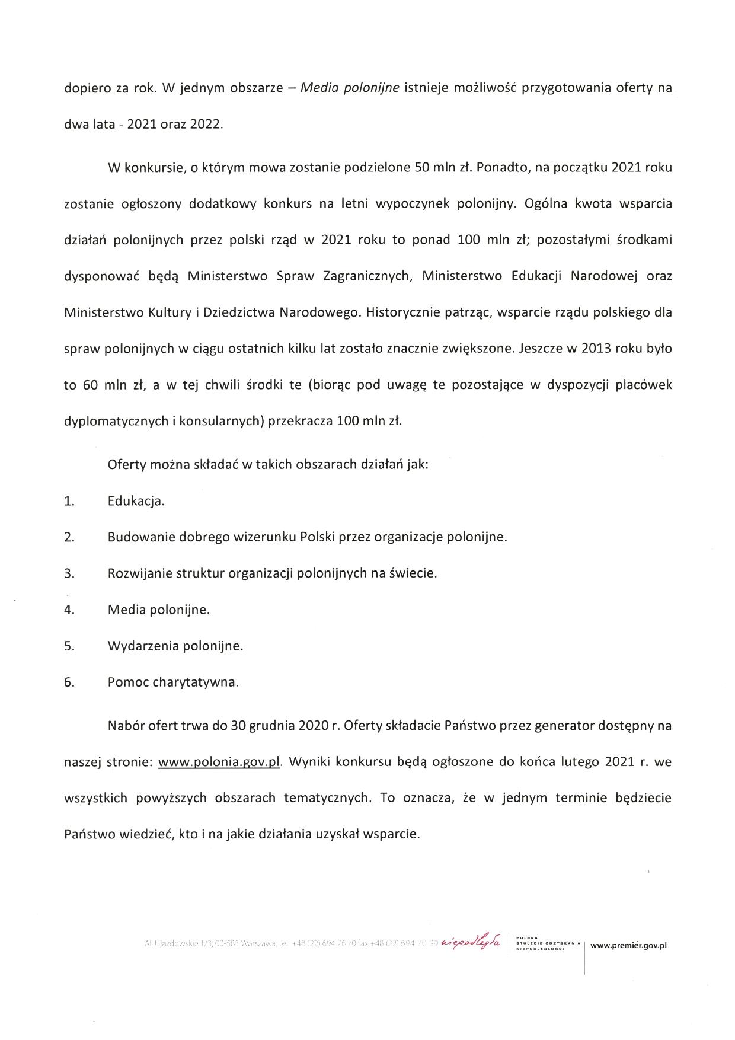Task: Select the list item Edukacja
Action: [x=136, y=501]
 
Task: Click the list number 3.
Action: [x=69, y=573]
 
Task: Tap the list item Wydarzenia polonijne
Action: [x=175, y=646]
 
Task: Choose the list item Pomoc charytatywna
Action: [x=173, y=682]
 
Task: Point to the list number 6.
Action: [x=69, y=682]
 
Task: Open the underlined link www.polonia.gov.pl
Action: [x=219, y=762]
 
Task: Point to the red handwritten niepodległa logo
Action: [x=472, y=943]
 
